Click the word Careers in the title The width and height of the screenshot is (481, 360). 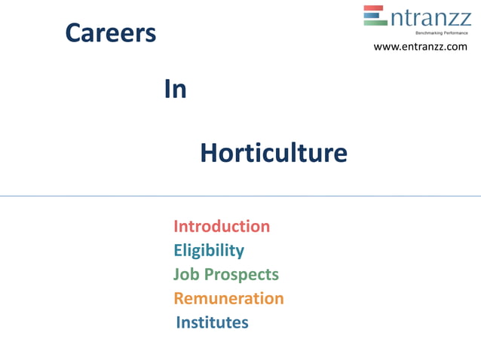click(111, 32)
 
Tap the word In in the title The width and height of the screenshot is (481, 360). click(175, 90)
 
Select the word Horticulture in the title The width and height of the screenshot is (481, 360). click(274, 154)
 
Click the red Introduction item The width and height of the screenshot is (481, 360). click(222, 226)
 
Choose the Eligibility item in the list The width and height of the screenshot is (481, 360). click(209, 250)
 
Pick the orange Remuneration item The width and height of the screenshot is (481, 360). click(228, 298)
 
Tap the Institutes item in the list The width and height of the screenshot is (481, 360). click(212, 322)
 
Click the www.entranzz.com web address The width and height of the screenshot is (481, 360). click(421, 47)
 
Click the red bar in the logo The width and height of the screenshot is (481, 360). click(375, 9)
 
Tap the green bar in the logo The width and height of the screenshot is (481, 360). click(375, 23)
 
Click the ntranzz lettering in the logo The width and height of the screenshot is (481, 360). click(430, 17)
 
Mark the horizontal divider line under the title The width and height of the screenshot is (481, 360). click(240, 196)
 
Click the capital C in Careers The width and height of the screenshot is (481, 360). click(73, 33)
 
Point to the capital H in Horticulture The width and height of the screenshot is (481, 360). click(209, 154)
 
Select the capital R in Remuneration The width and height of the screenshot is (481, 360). click(179, 298)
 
